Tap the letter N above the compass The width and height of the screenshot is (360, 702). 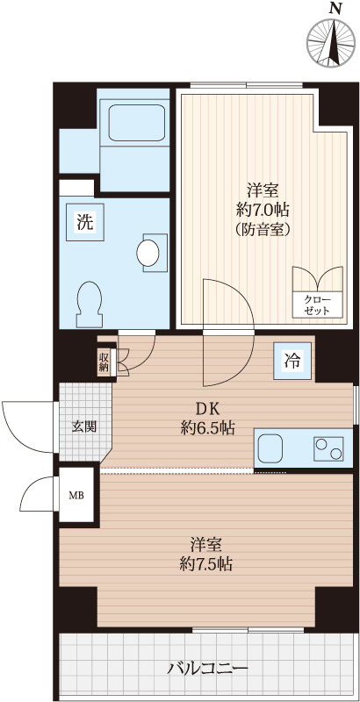click(334, 8)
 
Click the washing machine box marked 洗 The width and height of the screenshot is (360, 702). click(83, 222)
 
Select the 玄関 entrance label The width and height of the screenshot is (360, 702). click(84, 427)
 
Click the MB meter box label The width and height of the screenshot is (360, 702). click(76, 495)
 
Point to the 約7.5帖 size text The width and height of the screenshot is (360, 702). click(202, 563)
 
